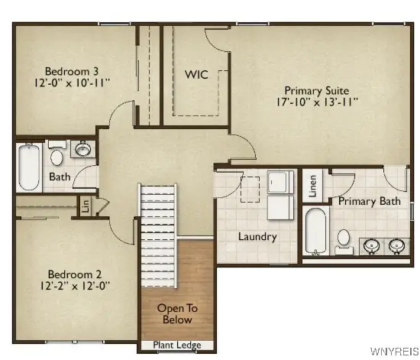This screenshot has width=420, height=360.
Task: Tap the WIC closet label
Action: coord(196,75)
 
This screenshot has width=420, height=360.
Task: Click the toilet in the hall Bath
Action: coord(57,157)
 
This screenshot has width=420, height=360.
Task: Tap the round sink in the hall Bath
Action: coord(82,148)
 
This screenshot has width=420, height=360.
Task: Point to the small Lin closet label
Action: coord(86,206)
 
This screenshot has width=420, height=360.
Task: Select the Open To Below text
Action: coord(177,313)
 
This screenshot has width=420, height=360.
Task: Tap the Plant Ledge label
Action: coord(178,345)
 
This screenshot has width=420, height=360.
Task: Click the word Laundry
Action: coord(257,236)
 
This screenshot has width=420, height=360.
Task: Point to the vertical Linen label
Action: coord(312,186)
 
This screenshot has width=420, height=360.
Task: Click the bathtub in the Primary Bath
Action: coord(315,232)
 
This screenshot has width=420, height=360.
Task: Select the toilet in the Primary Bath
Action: coord(344,240)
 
